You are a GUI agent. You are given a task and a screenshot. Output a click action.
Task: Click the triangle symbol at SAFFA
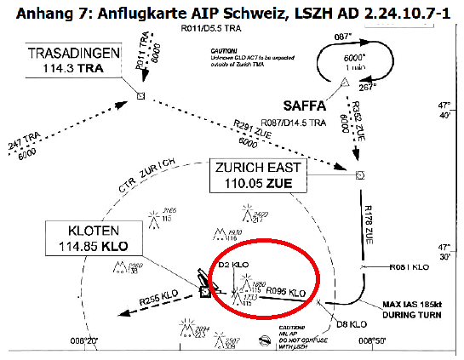[x=344, y=83]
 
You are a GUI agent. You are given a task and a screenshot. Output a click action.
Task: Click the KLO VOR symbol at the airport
[x=205, y=291]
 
